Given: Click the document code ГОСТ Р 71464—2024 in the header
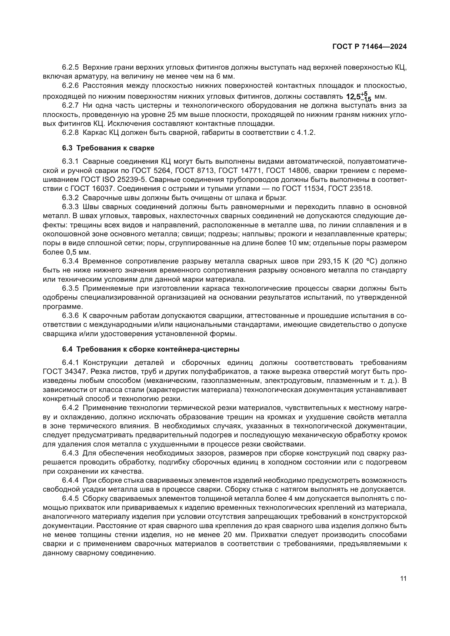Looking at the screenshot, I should pos(369,47).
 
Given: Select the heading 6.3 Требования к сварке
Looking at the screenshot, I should pos(108,148).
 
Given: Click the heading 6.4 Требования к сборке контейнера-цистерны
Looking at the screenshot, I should pos(150,349).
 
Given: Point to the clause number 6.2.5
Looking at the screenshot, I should pos(70,67).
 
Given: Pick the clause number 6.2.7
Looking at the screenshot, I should pos(70,106).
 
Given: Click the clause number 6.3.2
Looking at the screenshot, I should pos(70,198).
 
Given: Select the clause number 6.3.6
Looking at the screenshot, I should pos(70,315).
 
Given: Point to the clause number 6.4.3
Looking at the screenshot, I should pos(70,453).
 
